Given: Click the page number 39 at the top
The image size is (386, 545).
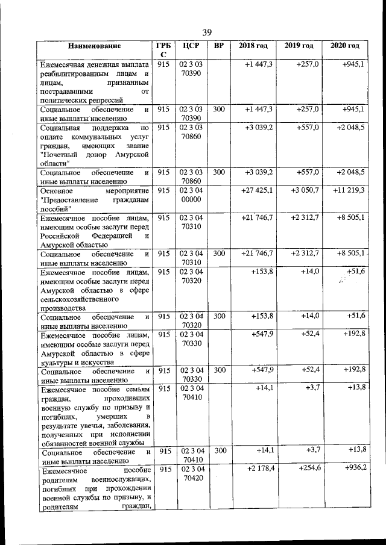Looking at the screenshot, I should (207, 32).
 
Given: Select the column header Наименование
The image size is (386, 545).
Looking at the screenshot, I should (94, 46).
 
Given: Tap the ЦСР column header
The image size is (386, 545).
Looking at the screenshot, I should (191, 46).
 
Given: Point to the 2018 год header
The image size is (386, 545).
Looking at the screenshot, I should (253, 46).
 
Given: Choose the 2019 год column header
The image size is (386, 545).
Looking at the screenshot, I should (299, 46).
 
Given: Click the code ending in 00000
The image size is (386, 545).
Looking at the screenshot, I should (191, 199).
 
